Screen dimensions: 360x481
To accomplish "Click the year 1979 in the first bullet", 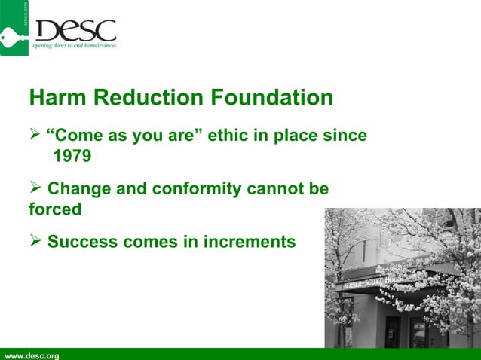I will coord(72,157).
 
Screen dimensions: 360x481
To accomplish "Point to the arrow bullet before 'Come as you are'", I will coord(35,136).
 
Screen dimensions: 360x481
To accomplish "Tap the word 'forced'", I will coord(55,209).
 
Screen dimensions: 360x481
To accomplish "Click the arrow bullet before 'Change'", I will coord(35,189).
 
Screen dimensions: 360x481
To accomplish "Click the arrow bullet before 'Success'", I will coord(35,242).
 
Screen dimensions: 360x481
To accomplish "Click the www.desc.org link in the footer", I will coord(32,355).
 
